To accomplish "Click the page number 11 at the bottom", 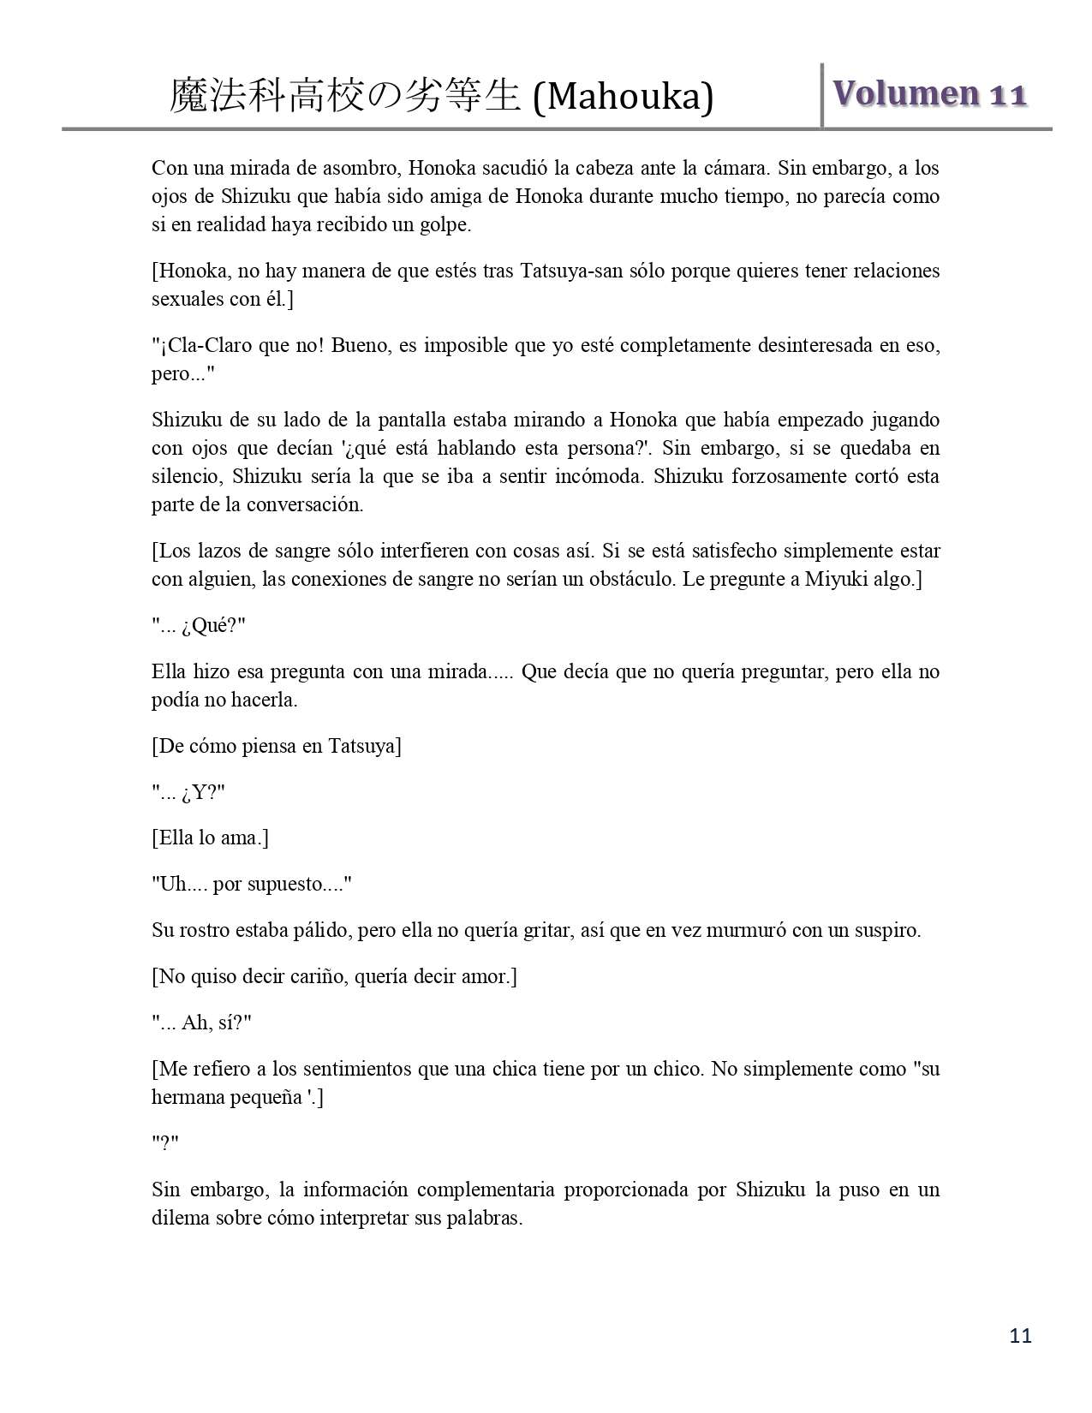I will tap(1021, 1335).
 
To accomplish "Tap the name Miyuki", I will tap(836, 579).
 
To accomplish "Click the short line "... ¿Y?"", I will tap(188, 792).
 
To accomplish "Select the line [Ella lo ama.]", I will tap(210, 838).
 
